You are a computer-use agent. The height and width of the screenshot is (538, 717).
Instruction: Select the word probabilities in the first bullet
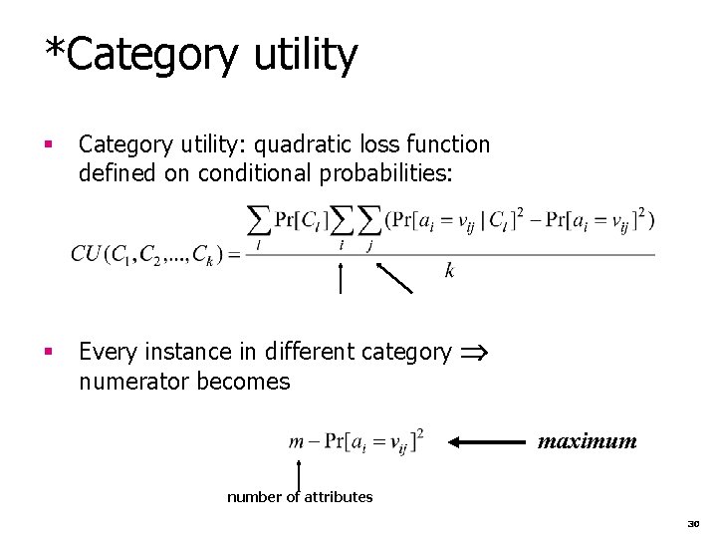[x=395, y=173]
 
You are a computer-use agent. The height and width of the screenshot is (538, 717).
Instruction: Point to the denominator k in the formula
[x=451, y=270]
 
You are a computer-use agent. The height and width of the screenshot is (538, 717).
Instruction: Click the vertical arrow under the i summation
[x=341, y=278]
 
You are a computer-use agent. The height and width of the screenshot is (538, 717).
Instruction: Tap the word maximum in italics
[x=588, y=438]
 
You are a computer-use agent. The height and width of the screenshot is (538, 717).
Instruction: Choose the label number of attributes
[x=300, y=497]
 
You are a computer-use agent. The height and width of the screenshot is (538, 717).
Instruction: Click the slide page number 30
[x=694, y=520]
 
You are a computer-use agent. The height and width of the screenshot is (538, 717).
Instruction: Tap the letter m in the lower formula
[x=295, y=441]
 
